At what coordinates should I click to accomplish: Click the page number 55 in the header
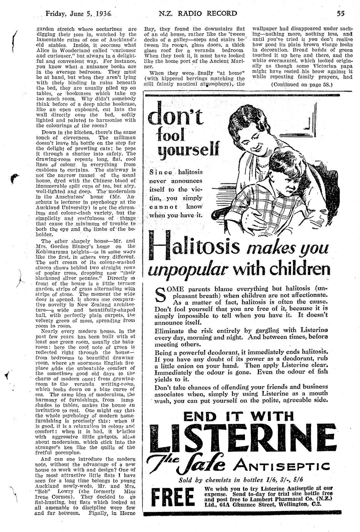340,14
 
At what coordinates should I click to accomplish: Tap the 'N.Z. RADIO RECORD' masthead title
198,14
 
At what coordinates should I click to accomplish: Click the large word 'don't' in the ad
175,115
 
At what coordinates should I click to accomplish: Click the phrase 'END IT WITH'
239,416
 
